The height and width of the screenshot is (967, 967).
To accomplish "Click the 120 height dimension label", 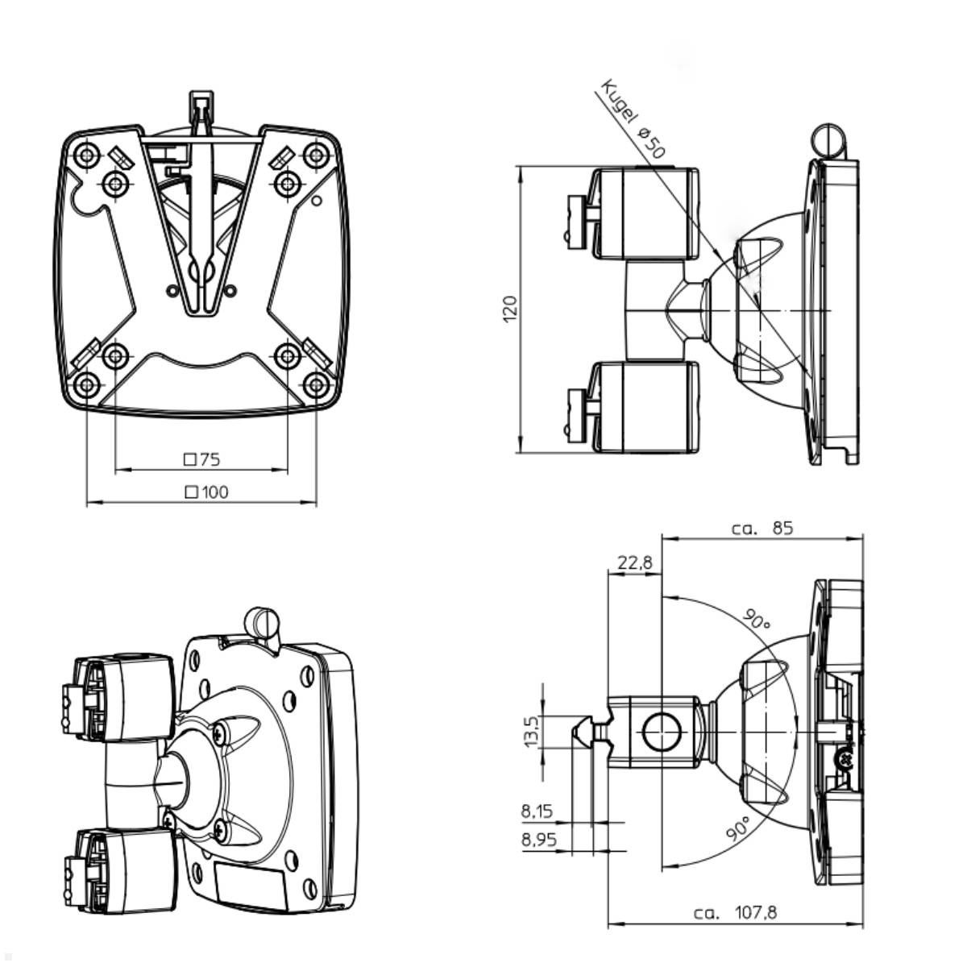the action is click(x=509, y=309).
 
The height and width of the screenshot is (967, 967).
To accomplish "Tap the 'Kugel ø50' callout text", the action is click(x=633, y=118).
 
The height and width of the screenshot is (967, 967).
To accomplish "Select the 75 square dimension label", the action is click(x=202, y=459).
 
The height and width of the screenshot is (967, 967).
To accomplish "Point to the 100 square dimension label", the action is click(x=206, y=492).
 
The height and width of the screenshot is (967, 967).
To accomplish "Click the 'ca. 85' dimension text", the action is click(x=763, y=529).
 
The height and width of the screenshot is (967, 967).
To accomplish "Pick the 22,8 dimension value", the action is click(x=635, y=563).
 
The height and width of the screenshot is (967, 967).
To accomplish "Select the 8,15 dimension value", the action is click(x=537, y=811).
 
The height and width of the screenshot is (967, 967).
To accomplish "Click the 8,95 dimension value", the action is click(x=539, y=840).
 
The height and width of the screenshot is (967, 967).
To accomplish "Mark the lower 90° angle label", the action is click(x=739, y=828).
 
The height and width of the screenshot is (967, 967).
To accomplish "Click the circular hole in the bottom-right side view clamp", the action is click(x=661, y=733).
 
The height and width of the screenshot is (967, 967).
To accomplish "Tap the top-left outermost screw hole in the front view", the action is click(x=87, y=153).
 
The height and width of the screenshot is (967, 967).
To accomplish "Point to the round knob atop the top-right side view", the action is click(x=828, y=141).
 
